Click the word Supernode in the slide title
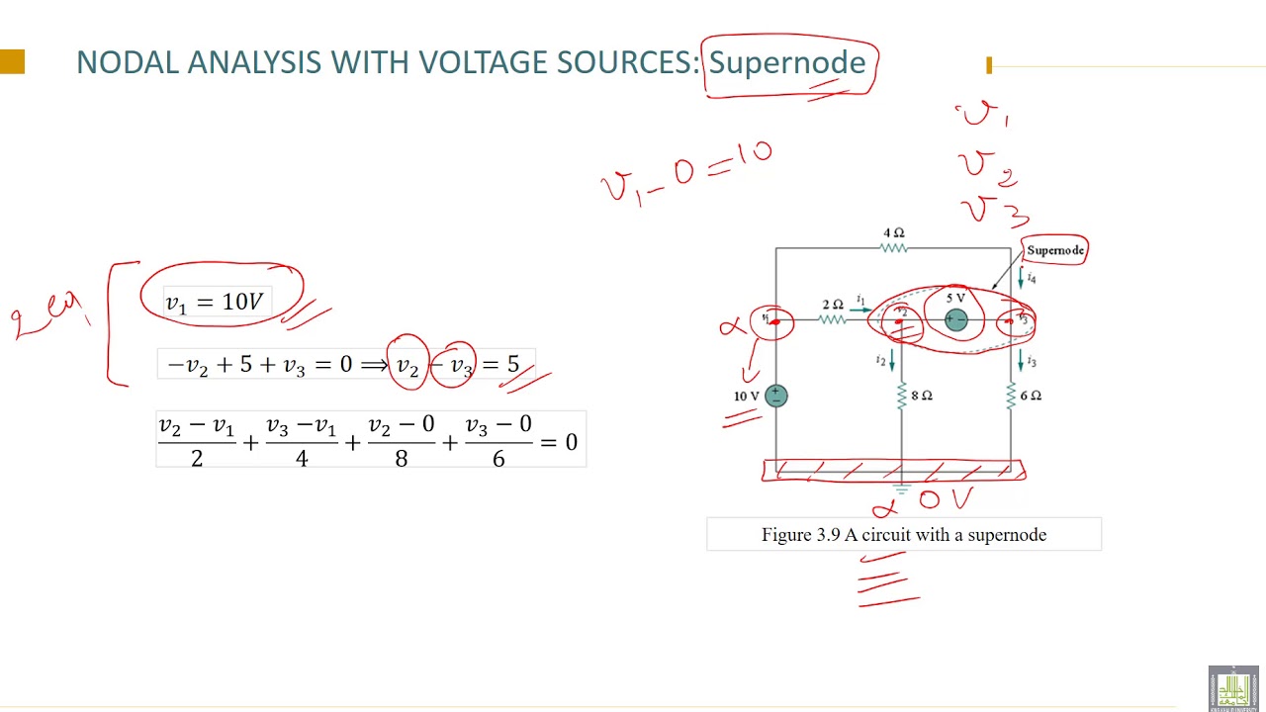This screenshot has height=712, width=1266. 787,62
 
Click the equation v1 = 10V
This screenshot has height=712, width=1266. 214,303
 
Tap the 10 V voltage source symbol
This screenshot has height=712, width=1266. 775,396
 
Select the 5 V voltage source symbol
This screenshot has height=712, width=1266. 955,319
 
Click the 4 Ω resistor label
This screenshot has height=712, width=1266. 893,232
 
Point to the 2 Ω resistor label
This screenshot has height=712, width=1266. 833,305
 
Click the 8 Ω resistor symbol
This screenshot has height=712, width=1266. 901,397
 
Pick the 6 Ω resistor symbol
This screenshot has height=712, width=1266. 1011,397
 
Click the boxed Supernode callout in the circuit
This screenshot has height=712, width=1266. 1054,250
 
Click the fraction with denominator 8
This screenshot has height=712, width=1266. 401,441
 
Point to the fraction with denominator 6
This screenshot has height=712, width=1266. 497,441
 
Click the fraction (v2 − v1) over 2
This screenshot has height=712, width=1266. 196,441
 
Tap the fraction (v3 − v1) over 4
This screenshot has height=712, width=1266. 301,441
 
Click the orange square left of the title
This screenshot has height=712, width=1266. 12,62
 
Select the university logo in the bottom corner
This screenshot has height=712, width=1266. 1232,688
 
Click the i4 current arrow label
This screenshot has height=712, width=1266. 1031,278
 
